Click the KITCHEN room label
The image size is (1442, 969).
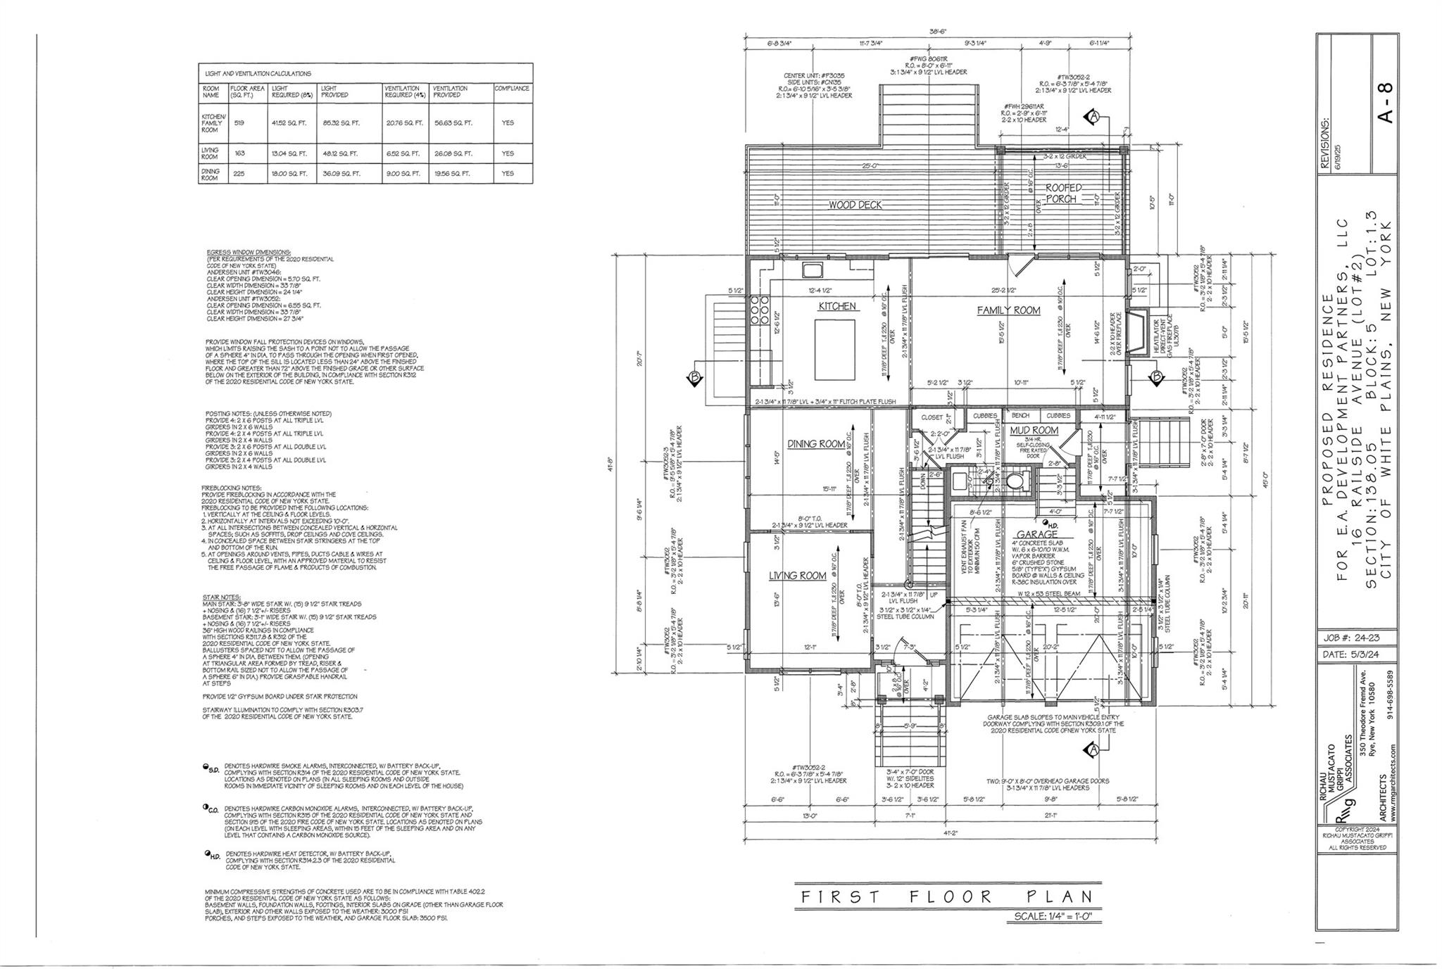837,306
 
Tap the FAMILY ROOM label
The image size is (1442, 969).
1008,310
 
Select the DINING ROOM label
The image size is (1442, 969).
815,444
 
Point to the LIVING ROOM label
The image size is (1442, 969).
797,576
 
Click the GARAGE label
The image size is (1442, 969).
1037,535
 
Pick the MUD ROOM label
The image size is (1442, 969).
1034,430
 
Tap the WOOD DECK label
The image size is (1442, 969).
855,205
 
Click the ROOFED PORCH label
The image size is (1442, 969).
1062,193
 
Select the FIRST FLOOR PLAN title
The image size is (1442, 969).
947,897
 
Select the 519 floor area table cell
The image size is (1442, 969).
239,122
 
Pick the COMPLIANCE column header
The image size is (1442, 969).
512,89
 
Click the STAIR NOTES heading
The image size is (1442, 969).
217,597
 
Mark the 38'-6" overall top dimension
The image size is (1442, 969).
937,31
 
